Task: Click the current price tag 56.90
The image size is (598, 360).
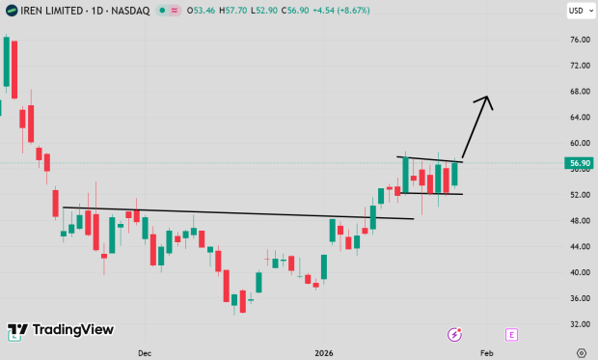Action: pyautogui.click(x=579, y=163)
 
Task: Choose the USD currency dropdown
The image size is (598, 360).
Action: pyautogui.click(x=577, y=12)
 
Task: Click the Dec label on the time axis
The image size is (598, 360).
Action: pyautogui.click(x=145, y=353)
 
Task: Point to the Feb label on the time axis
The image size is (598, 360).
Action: pyautogui.click(x=487, y=353)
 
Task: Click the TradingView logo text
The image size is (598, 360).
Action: pyautogui.click(x=72, y=330)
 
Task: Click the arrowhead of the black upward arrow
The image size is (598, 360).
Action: pyautogui.click(x=487, y=99)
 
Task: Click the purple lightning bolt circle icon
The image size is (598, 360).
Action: pyautogui.click(x=454, y=334)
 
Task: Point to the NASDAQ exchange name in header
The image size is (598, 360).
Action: pyautogui.click(x=130, y=12)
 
